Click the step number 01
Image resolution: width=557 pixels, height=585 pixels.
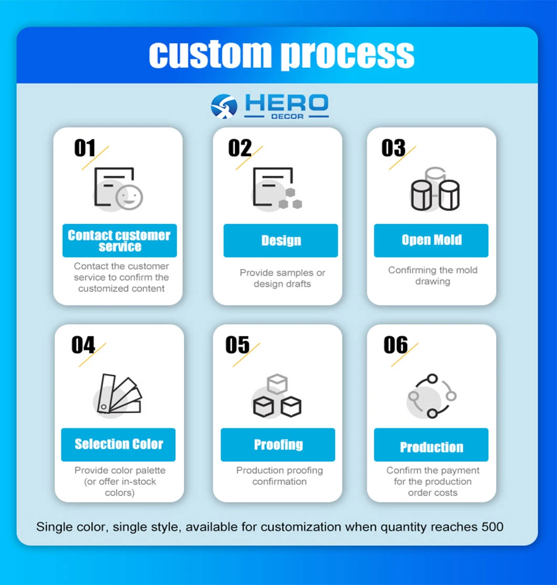[85, 148]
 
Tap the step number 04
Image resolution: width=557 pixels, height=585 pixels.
[83, 345]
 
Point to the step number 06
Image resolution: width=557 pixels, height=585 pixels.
[396, 345]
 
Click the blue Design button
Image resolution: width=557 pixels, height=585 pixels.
[281, 241]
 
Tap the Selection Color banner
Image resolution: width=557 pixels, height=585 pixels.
[118, 445]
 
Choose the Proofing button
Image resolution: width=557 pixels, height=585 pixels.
[278, 445]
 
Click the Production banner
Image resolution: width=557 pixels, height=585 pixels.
[431, 445]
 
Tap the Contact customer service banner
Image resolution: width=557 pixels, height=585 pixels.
[120, 241]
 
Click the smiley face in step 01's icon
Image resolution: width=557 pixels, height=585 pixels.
[129, 196]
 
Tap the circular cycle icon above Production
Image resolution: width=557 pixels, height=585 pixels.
[432, 396]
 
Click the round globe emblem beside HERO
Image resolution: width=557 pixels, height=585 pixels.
[224, 106]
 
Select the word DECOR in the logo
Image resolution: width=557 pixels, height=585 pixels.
[287, 116]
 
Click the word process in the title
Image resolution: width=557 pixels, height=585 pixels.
[347, 55]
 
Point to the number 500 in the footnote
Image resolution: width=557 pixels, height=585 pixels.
[492, 527]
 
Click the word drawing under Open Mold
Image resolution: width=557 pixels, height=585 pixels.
[433, 281]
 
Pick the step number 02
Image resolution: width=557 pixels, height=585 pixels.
[240, 148]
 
